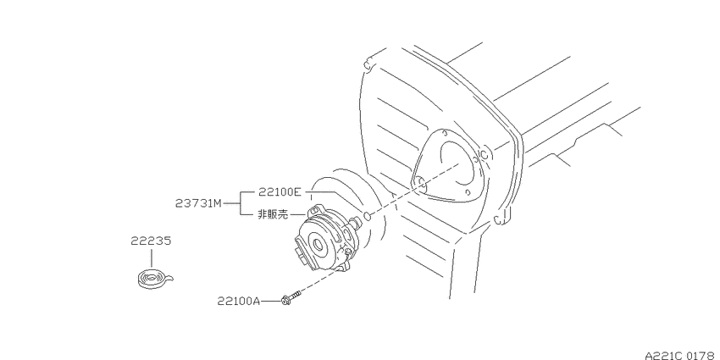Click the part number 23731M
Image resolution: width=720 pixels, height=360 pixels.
pos(198,203)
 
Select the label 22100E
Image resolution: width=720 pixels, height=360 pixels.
pos(280,192)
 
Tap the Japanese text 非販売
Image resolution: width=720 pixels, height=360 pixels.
pos(273,214)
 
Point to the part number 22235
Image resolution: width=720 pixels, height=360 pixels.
pos(151,241)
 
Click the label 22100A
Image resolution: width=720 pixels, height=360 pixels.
pos(239,302)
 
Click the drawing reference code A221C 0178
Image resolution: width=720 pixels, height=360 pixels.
pos(682,355)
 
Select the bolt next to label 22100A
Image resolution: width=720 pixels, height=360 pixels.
pos(291,297)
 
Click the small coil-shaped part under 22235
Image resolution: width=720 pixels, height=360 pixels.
pos(154,280)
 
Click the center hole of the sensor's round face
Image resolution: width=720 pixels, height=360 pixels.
pos(318,244)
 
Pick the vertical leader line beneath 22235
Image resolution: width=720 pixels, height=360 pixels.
pos(151,258)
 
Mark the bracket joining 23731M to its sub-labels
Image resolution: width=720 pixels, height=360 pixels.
pos(241,203)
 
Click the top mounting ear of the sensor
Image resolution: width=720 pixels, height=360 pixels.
pos(314,210)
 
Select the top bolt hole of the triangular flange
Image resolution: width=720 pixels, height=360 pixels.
pos(444,132)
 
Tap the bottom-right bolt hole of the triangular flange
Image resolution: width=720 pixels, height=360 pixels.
pos(467,192)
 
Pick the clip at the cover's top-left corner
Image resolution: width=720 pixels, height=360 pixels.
pos(367,64)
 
